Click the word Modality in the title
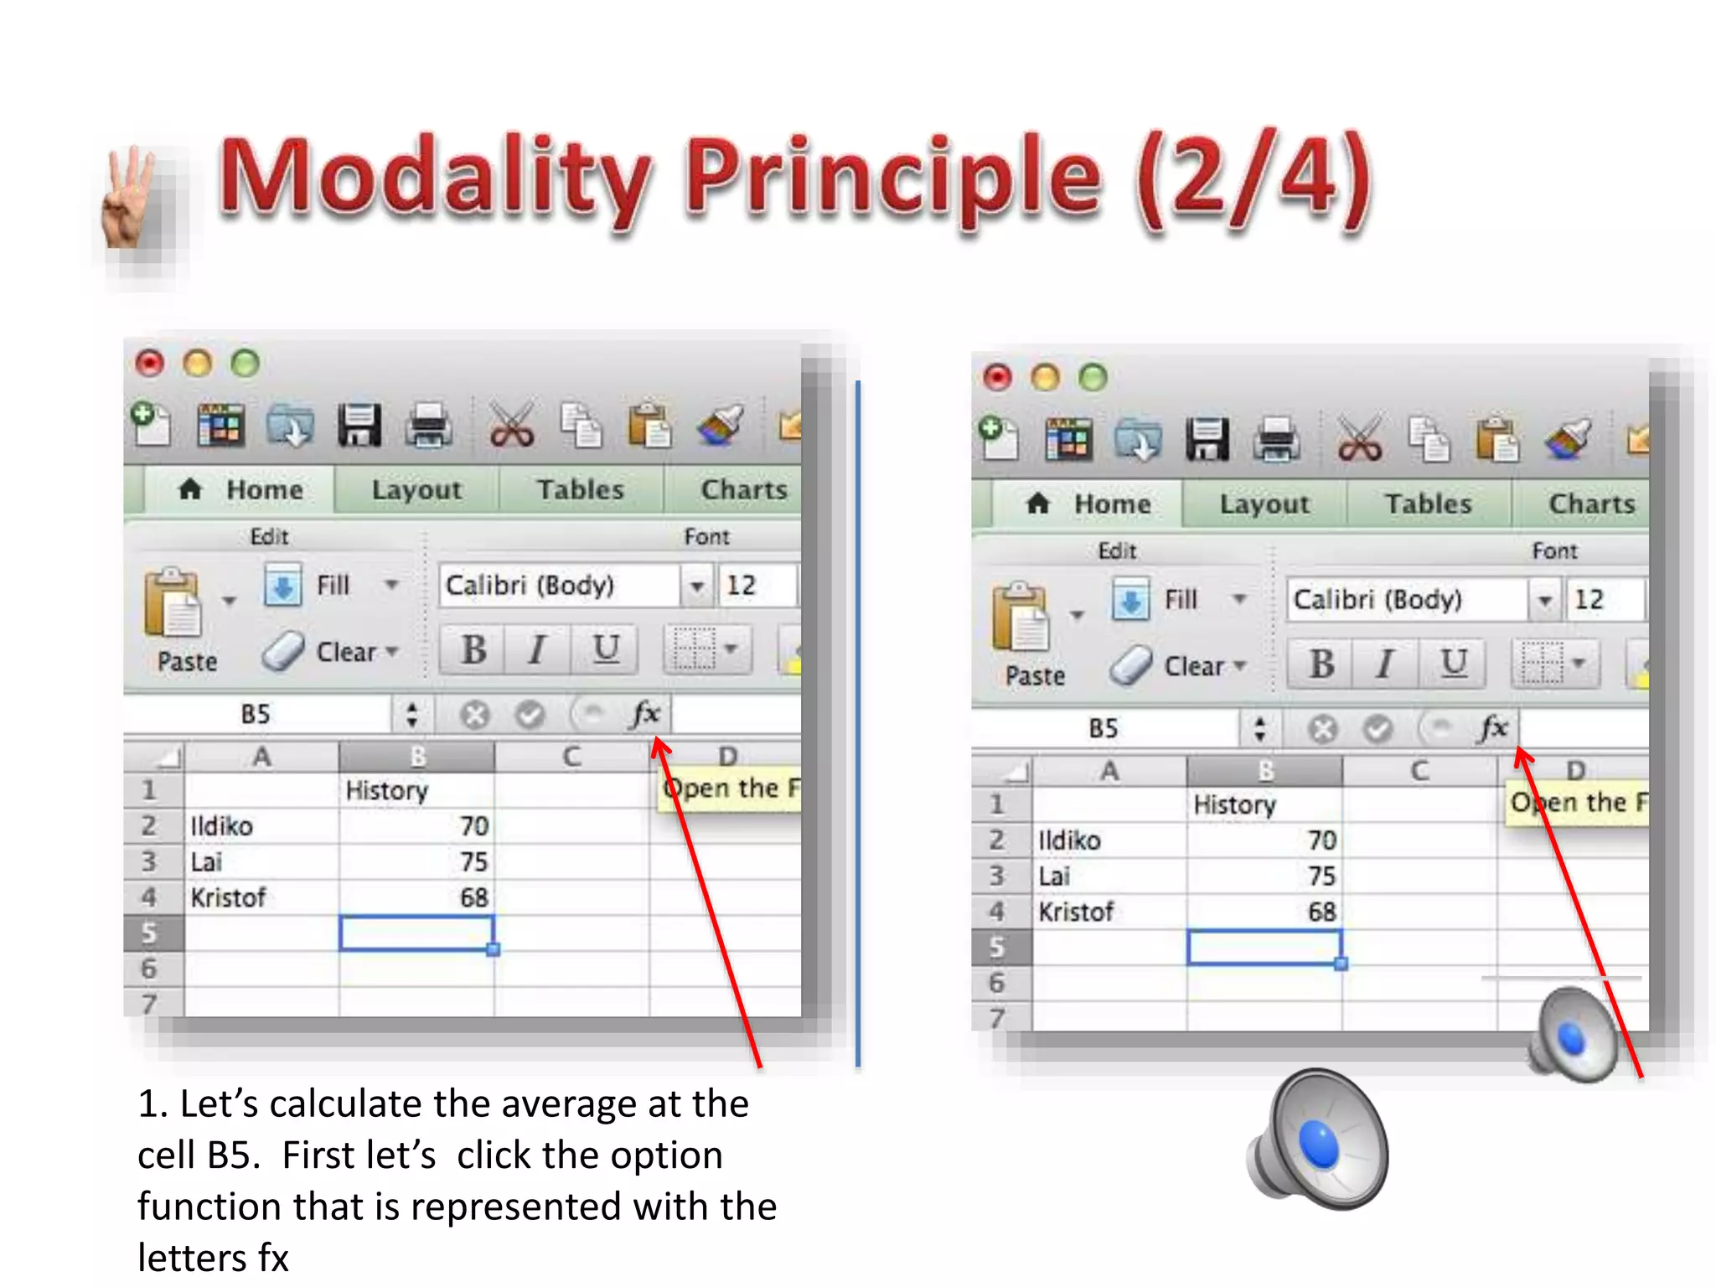click(x=435, y=178)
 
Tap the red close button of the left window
click(x=150, y=364)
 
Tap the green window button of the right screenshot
click(x=1093, y=378)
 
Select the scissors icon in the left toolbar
click(x=511, y=425)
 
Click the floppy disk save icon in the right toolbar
click(x=1207, y=439)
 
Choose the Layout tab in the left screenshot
click(x=416, y=490)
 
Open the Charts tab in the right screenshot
click(x=1591, y=504)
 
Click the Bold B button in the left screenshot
click(x=473, y=649)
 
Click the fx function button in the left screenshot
click(x=646, y=715)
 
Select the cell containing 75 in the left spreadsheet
click(x=416, y=861)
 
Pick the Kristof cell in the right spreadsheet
click(x=1109, y=912)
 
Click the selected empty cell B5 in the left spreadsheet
click(x=416, y=933)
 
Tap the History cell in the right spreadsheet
click(x=1264, y=804)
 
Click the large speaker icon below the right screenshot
click(x=1318, y=1140)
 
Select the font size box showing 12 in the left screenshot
click(x=755, y=585)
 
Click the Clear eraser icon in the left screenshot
click(x=282, y=651)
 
